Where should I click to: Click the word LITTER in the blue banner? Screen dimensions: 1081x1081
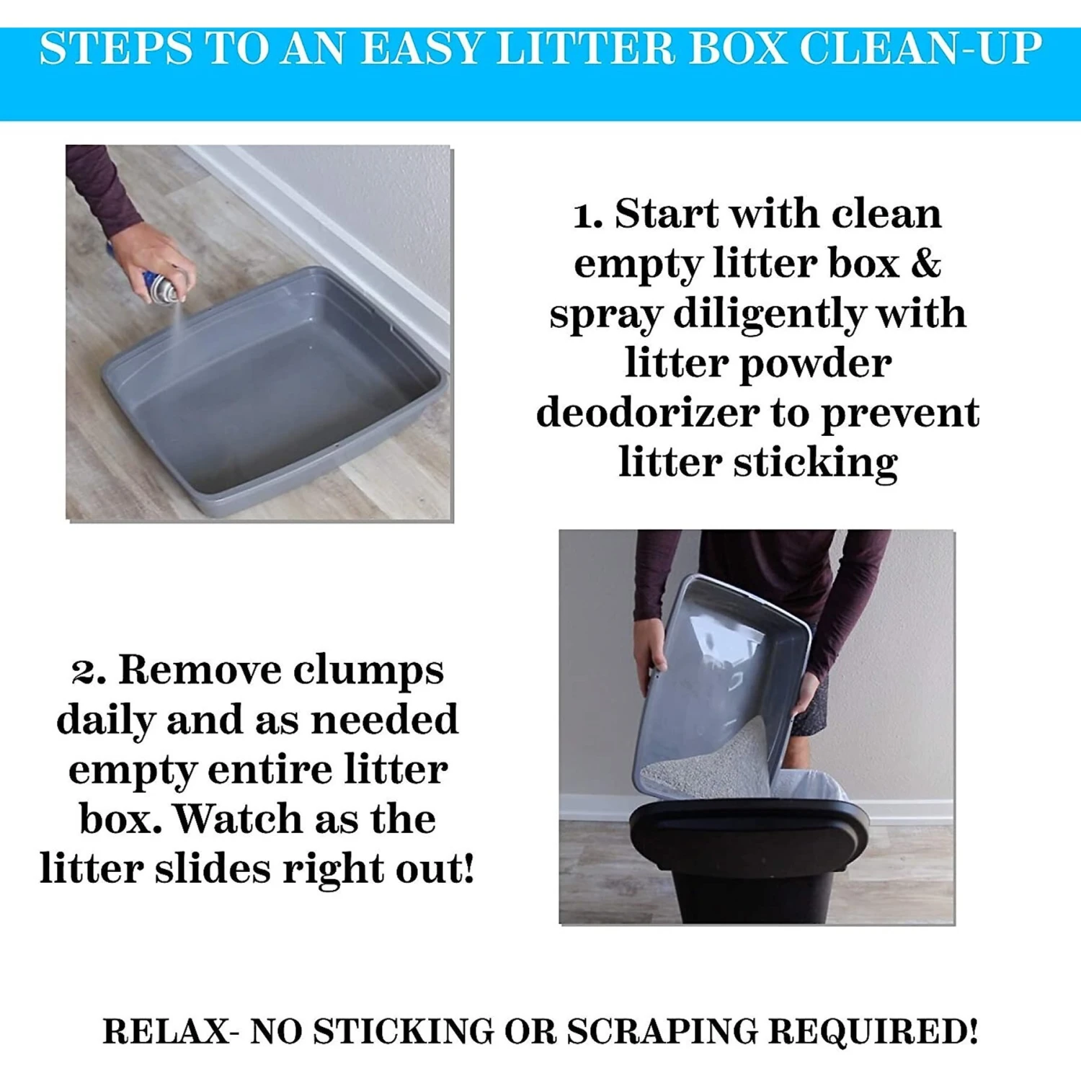pyautogui.click(x=585, y=49)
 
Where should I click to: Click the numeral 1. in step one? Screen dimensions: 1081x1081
pyautogui.click(x=587, y=215)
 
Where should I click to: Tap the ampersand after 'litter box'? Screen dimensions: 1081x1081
pyautogui.click(x=925, y=263)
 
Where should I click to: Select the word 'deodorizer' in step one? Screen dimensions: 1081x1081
pyautogui.click(x=647, y=413)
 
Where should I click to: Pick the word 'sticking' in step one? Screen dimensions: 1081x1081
pyautogui.click(x=815, y=462)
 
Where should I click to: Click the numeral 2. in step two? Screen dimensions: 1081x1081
pyautogui.click(x=89, y=671)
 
